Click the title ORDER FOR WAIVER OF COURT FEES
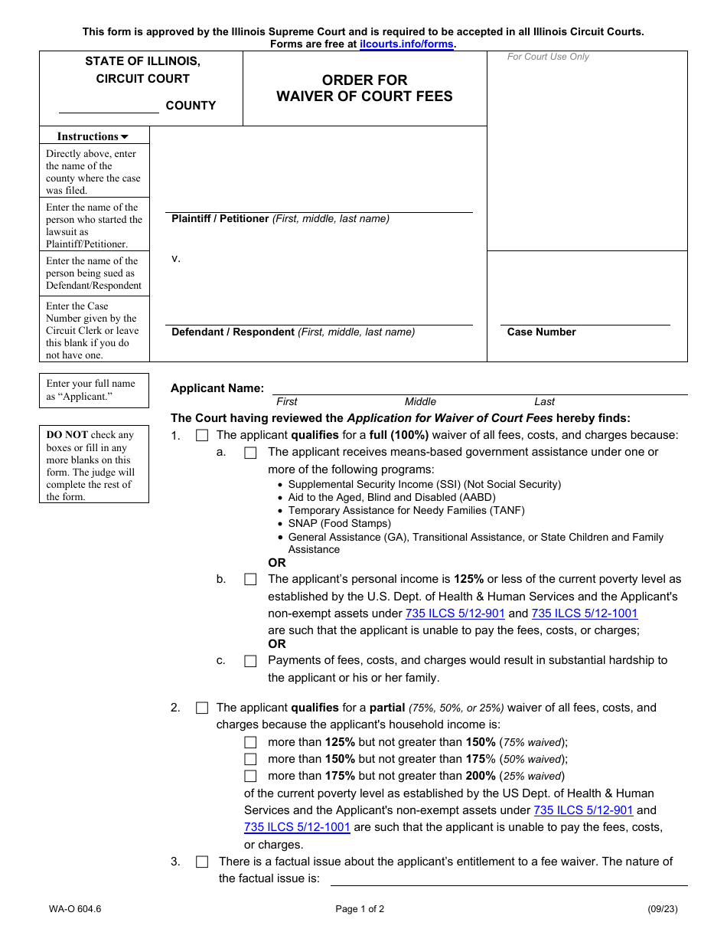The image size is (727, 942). (x=364, y=88)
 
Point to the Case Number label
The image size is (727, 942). (x=541, y=332)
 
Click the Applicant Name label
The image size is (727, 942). (x=217, y=388)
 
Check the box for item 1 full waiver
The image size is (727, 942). (x=202, y=436)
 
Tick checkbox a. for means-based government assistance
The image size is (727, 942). (x=250, y=453)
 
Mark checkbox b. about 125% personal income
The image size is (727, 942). (x=250, y=580)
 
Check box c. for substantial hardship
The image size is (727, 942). (x=250, y=661)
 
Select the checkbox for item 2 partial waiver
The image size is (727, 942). (x=202, y=708)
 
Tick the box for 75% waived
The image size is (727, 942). (x=250, y=742)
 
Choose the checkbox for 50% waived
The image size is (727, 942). (x=250, y=759)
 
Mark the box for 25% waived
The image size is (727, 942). (x=250, y=776)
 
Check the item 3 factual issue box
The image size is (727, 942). (x=202, y=862)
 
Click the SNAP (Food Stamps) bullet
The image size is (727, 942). (x=339, y=524)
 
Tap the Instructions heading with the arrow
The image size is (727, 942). (x=93, y=136)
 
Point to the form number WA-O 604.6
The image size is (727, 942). (x=73, y=910)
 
